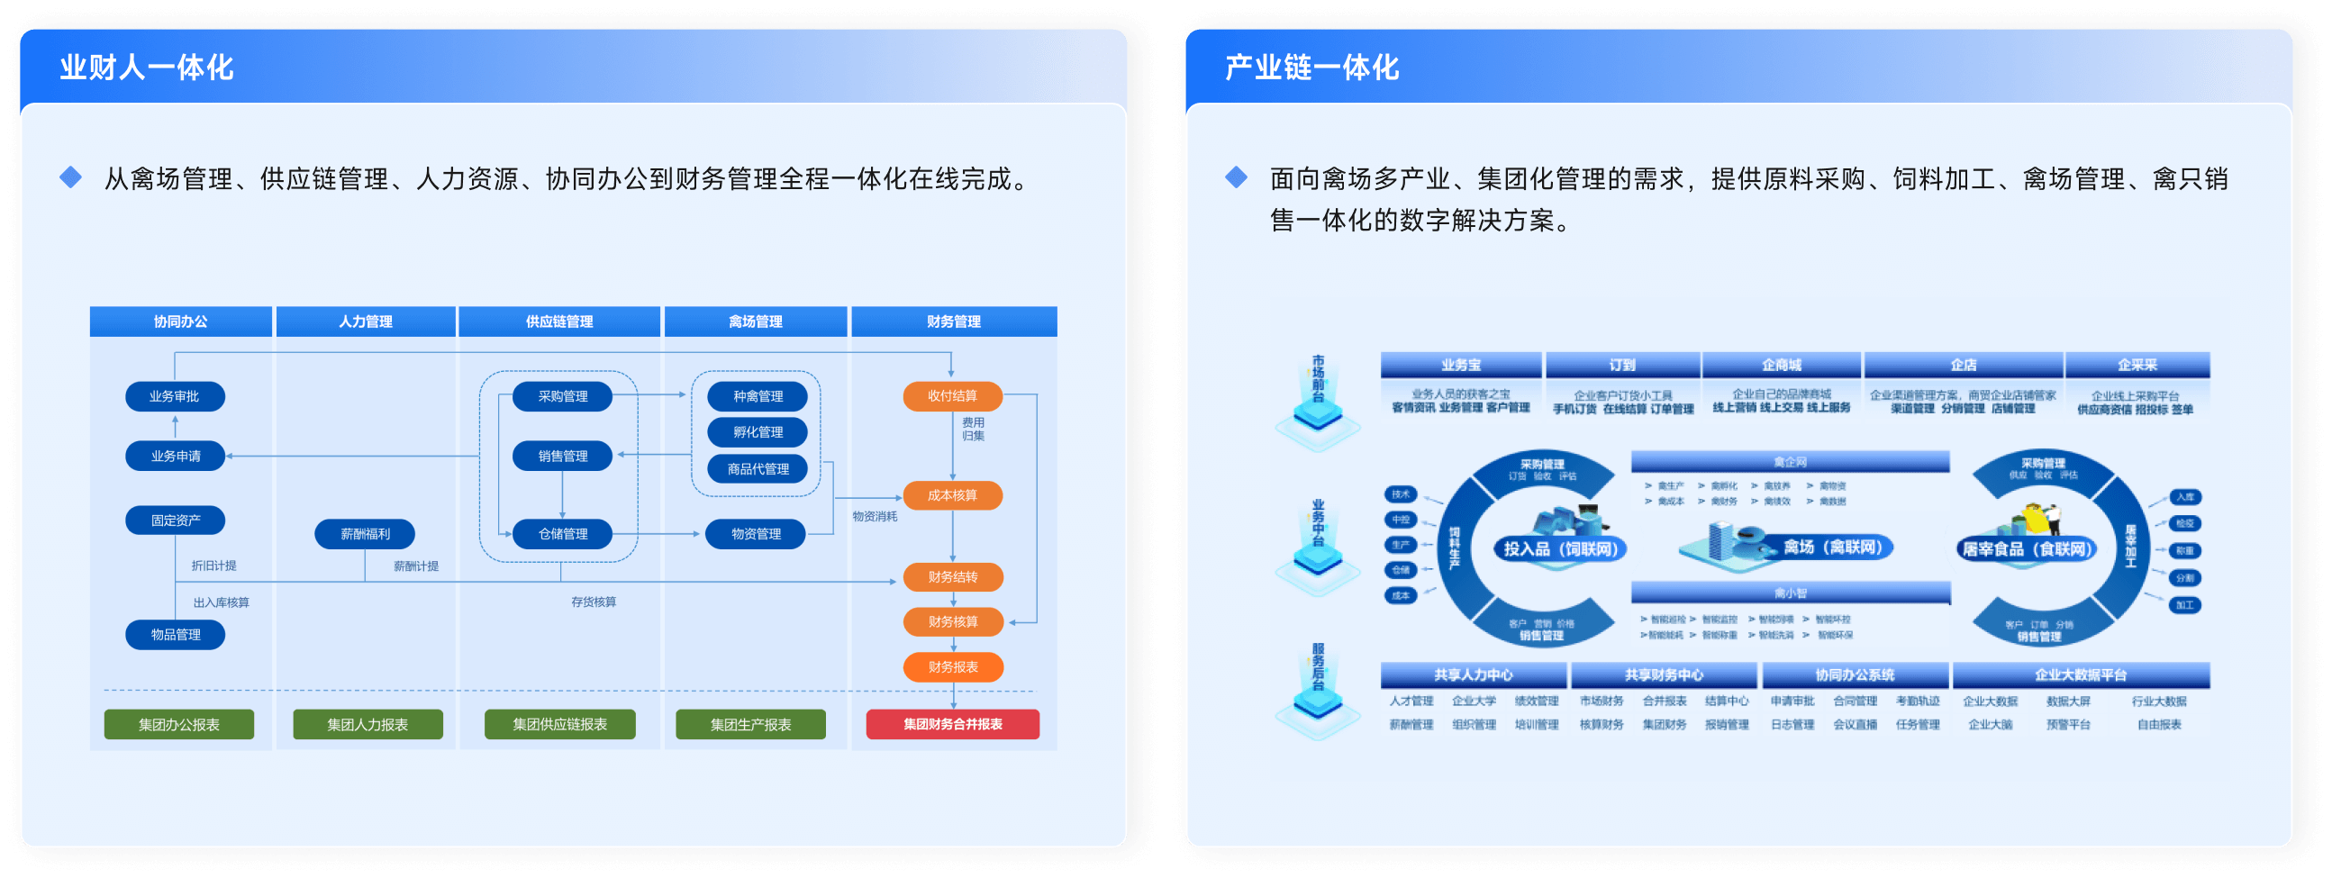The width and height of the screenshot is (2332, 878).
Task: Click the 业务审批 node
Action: (175, 396)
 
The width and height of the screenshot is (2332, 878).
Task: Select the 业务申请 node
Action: (175, 457)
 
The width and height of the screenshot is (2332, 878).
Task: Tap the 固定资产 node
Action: (175, 520)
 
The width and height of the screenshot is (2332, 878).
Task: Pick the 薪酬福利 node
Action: (365, 534)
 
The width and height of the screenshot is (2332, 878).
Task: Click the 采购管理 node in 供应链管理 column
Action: (562, 396)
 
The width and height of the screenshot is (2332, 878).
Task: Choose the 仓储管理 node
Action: (562, 534)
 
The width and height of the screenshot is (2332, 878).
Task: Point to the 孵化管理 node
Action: (758, 432)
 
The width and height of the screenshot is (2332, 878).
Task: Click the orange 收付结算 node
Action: (952, 395)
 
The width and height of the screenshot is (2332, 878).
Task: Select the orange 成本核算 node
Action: (952, 495)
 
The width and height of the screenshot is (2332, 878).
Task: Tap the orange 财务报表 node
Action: (952, 667)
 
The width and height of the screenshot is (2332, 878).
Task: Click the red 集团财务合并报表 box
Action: (952, 724)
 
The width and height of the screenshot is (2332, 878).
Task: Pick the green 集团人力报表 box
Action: (367, 724)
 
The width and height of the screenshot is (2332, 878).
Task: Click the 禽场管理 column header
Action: (755, 321)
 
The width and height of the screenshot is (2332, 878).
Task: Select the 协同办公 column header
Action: (180, 321)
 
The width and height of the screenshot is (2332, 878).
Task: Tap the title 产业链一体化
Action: (1311, 67)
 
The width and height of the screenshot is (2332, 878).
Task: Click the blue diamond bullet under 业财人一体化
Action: (70, 177)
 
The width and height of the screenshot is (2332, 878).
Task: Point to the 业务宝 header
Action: (1460, 365)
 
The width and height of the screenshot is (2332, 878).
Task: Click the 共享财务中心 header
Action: (1664, 675)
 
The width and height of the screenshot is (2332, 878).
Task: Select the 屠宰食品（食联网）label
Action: (2026, 548)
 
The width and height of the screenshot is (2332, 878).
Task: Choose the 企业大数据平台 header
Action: (2081, 675)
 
